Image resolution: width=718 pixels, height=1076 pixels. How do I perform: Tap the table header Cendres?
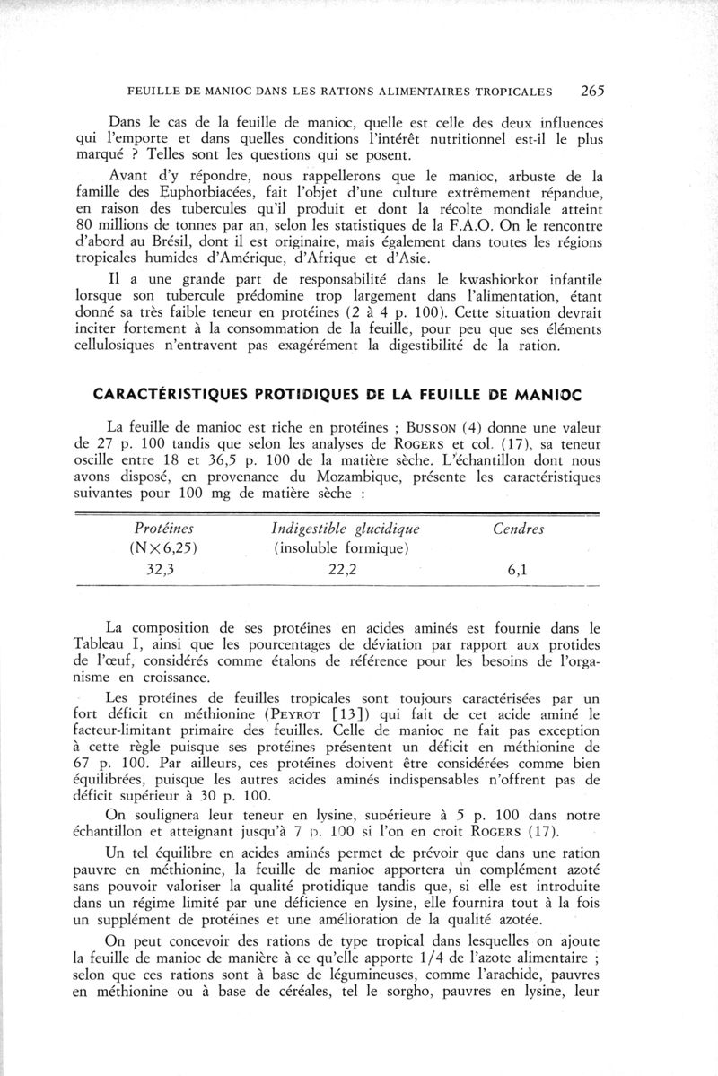point(520,530)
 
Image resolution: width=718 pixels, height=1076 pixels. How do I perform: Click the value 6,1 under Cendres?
point(520,569)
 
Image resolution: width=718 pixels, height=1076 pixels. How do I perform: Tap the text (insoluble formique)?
point(329,549)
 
